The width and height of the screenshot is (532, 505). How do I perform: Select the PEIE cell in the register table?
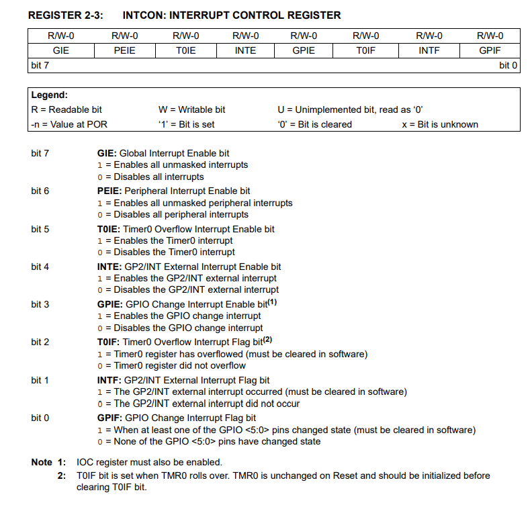(x=124, y=50)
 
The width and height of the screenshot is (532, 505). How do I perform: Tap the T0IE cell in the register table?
(x=185, y=50)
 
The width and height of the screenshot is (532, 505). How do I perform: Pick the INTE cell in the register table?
(x=245, y=50)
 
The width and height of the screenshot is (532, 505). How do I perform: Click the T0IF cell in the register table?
(x=365, y=50)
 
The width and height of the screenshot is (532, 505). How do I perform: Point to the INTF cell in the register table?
(x=429, y=50)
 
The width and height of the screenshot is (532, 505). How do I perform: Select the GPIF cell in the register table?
(x=489, y=50)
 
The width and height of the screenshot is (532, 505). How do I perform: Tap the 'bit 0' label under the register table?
(x=508, y=65)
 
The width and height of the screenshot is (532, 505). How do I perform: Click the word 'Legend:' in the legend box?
(x=50, y=95)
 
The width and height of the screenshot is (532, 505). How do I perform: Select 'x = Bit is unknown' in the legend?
(x=440, y=124)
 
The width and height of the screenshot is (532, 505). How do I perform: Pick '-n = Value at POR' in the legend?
(x=69, y=124)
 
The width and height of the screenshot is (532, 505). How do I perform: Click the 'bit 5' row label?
(x=40, y=229)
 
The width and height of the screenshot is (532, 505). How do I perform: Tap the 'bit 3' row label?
(x=40, y=304)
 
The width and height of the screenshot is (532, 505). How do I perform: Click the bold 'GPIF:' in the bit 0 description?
(x=109, y=418)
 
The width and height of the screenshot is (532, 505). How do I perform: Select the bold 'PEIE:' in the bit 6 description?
(x=110, y=191)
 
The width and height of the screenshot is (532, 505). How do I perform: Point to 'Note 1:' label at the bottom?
(x=49, y=462)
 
